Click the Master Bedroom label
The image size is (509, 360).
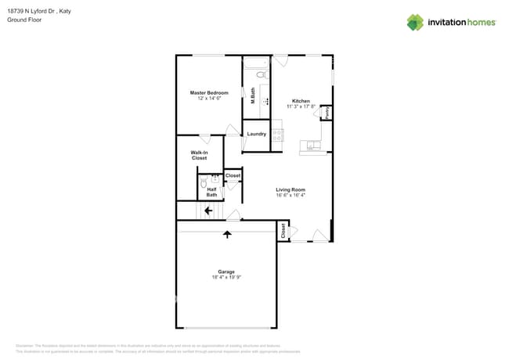pyautogui.click(x=209, y=93)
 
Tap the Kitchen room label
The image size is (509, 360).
pyautogui.click(x=301, y=101)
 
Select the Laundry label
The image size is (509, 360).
pyautogui.click(x=256, y=134)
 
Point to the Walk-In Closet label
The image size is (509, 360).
pyautogui.click(x=200, y=155)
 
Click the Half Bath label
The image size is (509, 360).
pyautogui.click(x=211, y=191)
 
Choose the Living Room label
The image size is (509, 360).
pyautogui.click(x=290, y=189)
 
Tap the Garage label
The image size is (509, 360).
pyautogui.click(x=226, y=272)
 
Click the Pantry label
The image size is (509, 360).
pyautogui.click(x=327, y=113)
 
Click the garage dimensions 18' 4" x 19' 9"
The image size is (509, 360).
pyautogui.click(x=226, y=278)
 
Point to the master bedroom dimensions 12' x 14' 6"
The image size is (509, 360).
pyautogui.click(x=209, y=99)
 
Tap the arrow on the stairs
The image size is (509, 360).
pyautogui.click(x=208, y=210)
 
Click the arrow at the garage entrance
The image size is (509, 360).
pyautogui.click(x=227, y=233)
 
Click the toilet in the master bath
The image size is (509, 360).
pyautogui.click(x=262, y=76)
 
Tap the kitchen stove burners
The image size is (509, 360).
pyautogui.click(x=277, y=134)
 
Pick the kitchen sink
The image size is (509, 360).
pyautogui.click(x=313, y=145)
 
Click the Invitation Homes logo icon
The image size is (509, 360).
pyautogui.click(x=414, y=22)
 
